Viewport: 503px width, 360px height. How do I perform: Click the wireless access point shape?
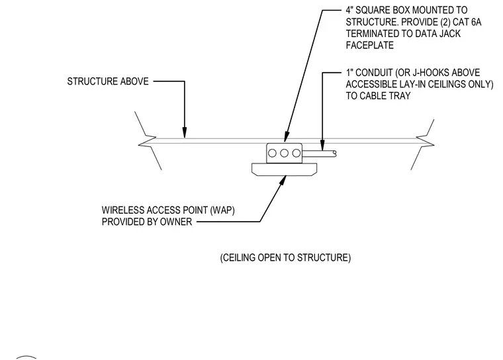click(x=284, y=169)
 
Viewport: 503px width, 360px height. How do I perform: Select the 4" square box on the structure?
click(x=284, y=153)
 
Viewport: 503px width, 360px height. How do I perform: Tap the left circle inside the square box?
click(x=272, y=154)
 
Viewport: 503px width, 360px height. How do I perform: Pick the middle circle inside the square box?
click(x=284, y=154)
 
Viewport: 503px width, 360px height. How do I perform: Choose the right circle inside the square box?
click(x=296, y=154)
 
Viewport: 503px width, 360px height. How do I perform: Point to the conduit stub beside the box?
click(x=319, y=154)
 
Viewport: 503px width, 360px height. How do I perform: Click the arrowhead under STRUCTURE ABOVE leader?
click(x=185, y=132)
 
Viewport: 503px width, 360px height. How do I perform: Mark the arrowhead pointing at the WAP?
click(x=282, y=181)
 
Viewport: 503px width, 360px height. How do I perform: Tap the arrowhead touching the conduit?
click(x=322, y=146)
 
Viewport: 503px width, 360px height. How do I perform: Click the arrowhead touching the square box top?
click(x=286, y=137)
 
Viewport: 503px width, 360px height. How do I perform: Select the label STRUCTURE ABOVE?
click(x=108, y=81)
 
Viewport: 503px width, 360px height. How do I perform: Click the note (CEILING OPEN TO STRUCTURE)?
click(x=285, y=257)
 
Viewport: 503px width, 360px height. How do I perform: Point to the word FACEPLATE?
click(x=369, y=45)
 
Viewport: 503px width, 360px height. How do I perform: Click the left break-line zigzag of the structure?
click(x=148, y=140)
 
